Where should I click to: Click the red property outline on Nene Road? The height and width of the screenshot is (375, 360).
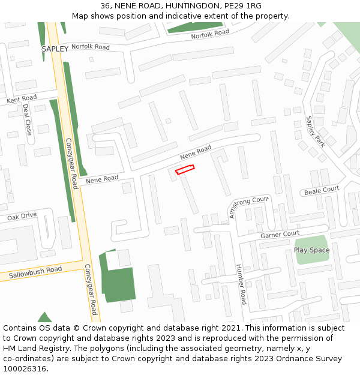(x=185, y=170)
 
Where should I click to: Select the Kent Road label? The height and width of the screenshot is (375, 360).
(x=22, y=99)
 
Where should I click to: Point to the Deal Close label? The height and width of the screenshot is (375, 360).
(x=27, y=119)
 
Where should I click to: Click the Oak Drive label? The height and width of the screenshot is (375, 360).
(x=22, y=217)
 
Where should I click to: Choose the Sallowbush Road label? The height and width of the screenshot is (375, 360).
(x=35, y=273)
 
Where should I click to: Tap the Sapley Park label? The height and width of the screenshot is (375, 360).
(x=314, y=132)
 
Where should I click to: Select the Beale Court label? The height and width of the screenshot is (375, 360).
(x=322, y=191)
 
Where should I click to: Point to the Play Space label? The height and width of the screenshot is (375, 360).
(x=311, y=250)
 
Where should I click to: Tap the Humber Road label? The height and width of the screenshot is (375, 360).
(x=241, y=284)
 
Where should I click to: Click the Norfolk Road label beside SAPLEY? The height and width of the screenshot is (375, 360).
(x=90, y=47)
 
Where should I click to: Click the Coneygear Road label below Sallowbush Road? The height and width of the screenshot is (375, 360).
(x=90, y=290)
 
